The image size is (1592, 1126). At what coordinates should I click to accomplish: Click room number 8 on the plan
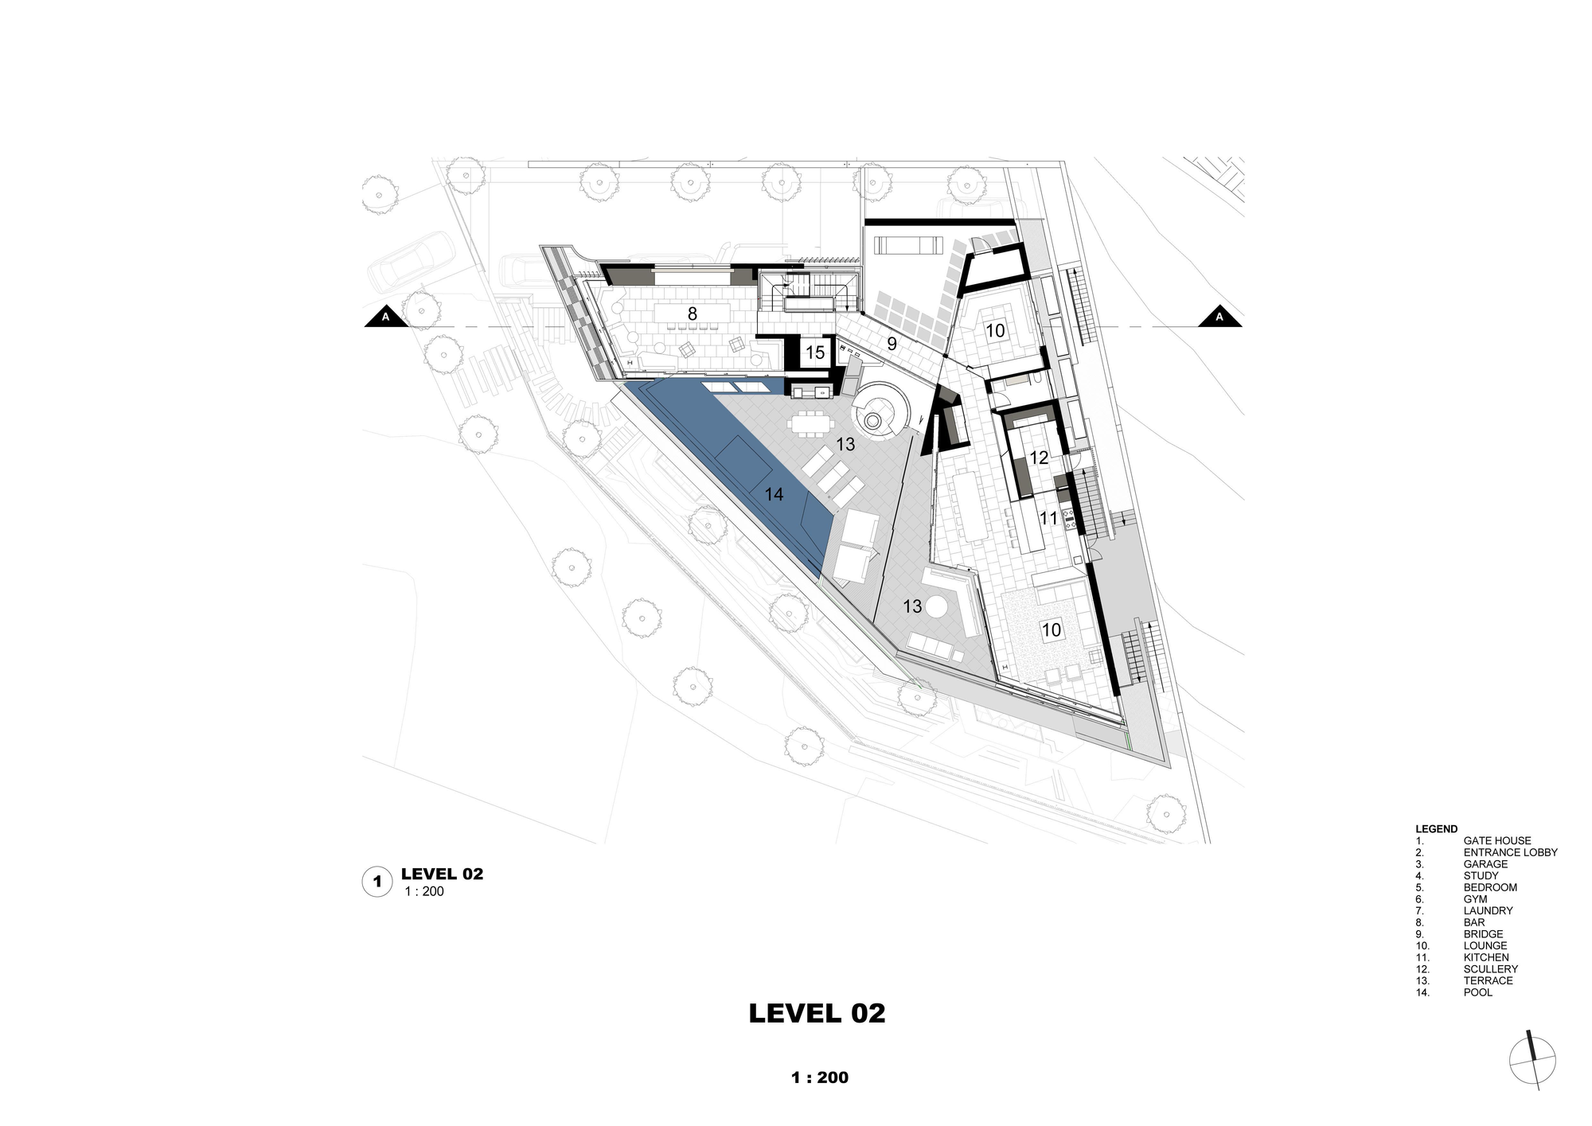[693, 314]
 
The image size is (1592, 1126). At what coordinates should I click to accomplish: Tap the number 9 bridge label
[892, 344]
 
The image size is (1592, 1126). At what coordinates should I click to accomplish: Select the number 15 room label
[815, 352]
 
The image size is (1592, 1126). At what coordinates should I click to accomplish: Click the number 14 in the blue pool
[774, 494]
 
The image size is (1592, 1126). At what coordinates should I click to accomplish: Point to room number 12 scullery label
[1039, 458]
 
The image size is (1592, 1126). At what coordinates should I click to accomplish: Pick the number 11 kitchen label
[1048, 518]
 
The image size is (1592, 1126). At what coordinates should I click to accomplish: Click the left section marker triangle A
[386, 316]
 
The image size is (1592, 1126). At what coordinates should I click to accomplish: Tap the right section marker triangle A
[1219, 316]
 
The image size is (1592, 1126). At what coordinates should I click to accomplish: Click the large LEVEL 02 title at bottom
[817, 1013]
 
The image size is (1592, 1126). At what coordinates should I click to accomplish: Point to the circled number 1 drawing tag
[377, 882]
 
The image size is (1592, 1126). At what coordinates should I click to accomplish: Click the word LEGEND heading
[1436, 828]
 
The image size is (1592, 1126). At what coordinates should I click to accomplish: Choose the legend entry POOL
[1477, 992]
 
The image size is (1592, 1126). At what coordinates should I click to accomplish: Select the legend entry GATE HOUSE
[1496, 840]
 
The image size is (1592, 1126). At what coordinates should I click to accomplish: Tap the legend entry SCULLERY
[1490, 969]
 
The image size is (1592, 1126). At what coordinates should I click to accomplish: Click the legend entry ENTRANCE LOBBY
[1510, 852]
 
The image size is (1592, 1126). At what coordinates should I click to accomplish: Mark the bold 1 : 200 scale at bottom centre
[819, 1077]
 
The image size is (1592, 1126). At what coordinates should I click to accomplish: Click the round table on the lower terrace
[935, 608]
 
